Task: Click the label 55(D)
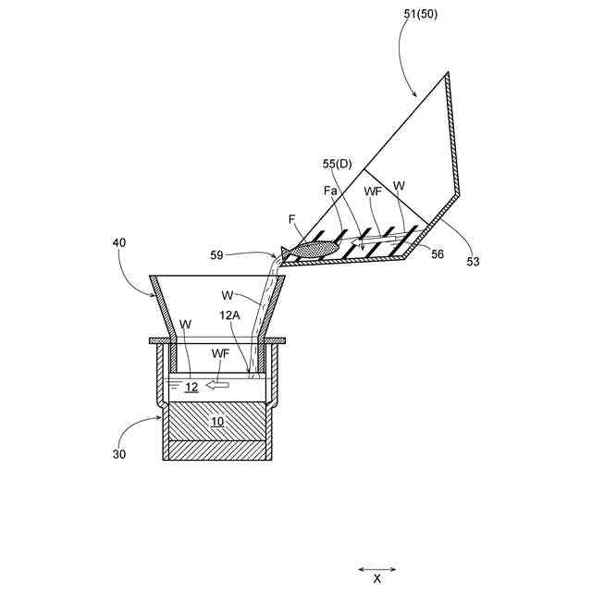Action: coord(338,164)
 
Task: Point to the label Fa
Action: coord(330,191)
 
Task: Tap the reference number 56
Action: coord(437,254)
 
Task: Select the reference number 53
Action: coord(473,262)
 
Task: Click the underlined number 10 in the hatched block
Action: coord(216,423)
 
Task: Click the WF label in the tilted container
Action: coord(372,191)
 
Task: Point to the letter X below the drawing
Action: coord(376,578)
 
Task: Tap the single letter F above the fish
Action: coord(291,219)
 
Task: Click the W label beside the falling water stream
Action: coord(227,296)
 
